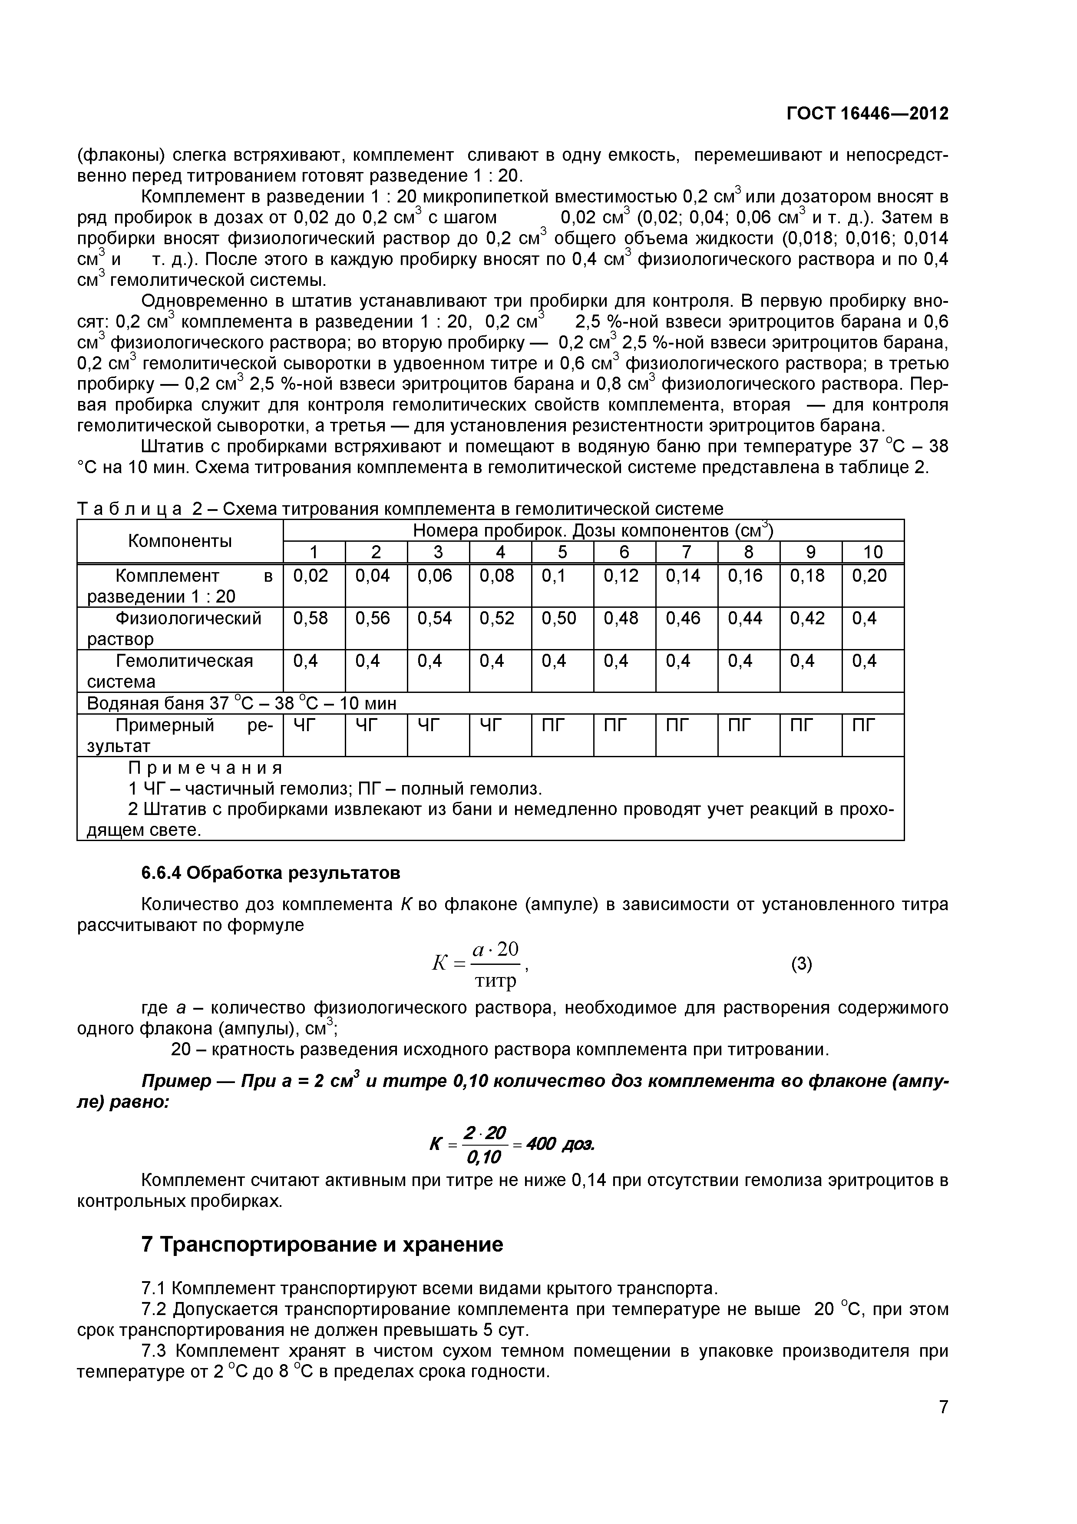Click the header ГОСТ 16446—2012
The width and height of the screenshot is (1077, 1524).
tap(867, 113)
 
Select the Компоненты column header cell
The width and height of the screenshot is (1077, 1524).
tap(180, 541)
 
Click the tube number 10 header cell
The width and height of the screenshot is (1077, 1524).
tap(872, 552)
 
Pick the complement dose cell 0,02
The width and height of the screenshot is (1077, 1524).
tap(311, 576)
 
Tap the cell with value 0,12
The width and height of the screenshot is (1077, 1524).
tap(621, 576)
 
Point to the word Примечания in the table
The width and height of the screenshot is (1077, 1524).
tap(205, 768)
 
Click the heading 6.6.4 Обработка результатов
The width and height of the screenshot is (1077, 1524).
tap(270, 872)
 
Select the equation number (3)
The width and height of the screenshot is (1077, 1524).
tap(801, 964)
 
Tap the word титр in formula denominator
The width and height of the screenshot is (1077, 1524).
tap(495, 981)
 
